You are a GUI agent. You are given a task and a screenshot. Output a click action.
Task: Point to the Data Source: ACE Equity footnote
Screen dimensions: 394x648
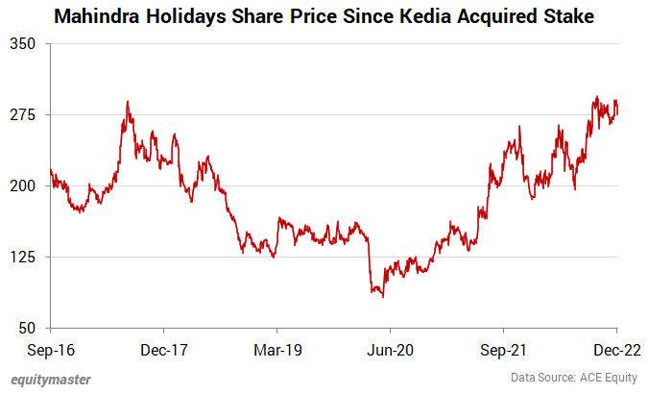pyautogui.click(x=572, y=378)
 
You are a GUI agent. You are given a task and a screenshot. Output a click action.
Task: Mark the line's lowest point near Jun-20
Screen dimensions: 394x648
pyautogui.click(x=384, y=297)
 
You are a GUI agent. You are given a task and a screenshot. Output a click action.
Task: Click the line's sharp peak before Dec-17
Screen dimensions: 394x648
pyautogui.click(x=127, y=102)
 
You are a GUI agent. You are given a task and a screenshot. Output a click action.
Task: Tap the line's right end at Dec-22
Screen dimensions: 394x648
pyautogui.click(x=616, y=114)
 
